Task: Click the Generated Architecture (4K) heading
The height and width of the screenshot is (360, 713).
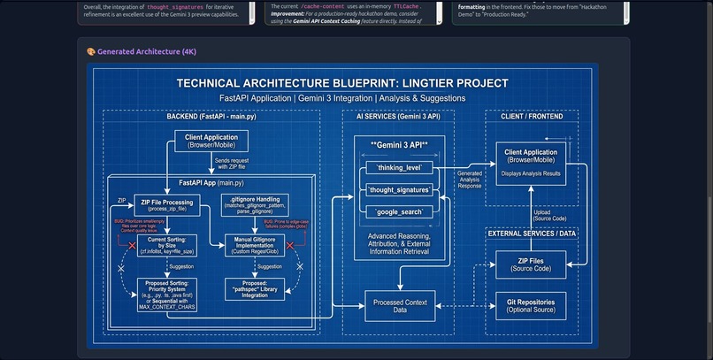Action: click(142, 51)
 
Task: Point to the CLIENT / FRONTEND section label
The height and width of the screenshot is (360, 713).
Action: click(531, 116)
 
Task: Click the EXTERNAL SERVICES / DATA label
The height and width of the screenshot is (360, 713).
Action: click(531, 233)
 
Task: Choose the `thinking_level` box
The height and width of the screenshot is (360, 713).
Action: click(399, 167)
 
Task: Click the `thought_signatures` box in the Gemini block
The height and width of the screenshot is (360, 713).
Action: click(399, 189)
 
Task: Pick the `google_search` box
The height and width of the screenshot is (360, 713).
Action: click(399, 212)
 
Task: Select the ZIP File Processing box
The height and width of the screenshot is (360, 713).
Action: click(165, 206)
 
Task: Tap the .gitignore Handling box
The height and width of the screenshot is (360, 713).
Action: click(255, 206)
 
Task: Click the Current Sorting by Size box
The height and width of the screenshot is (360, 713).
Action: click(165, 244)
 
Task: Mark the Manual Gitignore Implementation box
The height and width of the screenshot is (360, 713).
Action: click(255, 244)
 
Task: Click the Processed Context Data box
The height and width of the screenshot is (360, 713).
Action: click(400, 305)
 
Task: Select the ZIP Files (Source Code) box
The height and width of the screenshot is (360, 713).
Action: click(530, 264)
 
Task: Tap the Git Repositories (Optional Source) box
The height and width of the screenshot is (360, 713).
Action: click(530, 305)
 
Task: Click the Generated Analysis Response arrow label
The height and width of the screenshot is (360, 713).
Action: click(470, 180)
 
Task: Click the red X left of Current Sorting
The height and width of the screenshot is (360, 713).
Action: click(132, 244)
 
